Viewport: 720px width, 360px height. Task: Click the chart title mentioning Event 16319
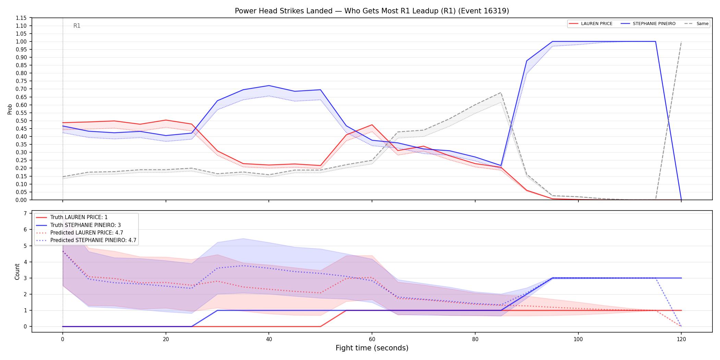372,11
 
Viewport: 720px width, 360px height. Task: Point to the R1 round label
77,26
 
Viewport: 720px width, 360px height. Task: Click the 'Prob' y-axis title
10,109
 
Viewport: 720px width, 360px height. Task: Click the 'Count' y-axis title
17,272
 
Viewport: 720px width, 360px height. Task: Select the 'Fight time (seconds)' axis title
372,348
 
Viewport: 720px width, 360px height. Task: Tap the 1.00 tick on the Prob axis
21,41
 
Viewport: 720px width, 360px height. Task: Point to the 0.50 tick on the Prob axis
21,121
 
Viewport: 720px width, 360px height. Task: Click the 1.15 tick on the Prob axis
21,18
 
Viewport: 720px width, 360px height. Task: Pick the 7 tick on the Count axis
25,213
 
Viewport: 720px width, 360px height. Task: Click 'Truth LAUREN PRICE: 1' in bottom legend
79,217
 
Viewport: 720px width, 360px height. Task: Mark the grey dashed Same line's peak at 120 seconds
681,41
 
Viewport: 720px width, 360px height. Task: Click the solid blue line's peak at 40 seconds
269,85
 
